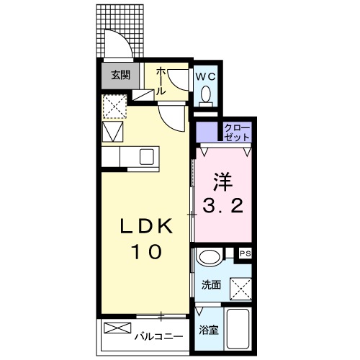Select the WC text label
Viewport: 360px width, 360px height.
[x=205, y=74]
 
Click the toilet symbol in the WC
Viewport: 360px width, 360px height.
[x=206, y=94]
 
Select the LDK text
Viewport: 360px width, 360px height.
[x=145, y=228]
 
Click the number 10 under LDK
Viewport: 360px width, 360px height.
[x=145, y=253]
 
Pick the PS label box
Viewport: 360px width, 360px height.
[x=245, y=253]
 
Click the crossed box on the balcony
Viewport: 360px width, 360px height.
[x=115, y=328]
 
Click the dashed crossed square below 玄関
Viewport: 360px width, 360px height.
[x=112, y=107]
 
